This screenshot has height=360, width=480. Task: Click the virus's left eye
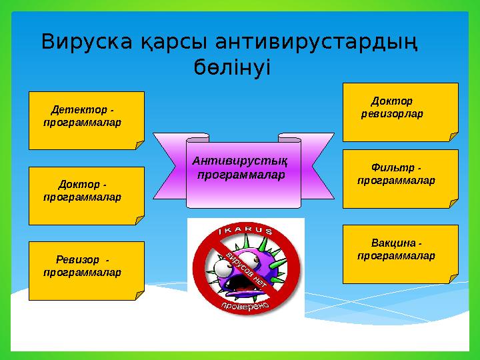click(x=223, y=267)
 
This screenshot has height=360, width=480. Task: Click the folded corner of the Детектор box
click(x=139, y=144)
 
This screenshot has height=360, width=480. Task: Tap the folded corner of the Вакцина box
click(x=453, y=278)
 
